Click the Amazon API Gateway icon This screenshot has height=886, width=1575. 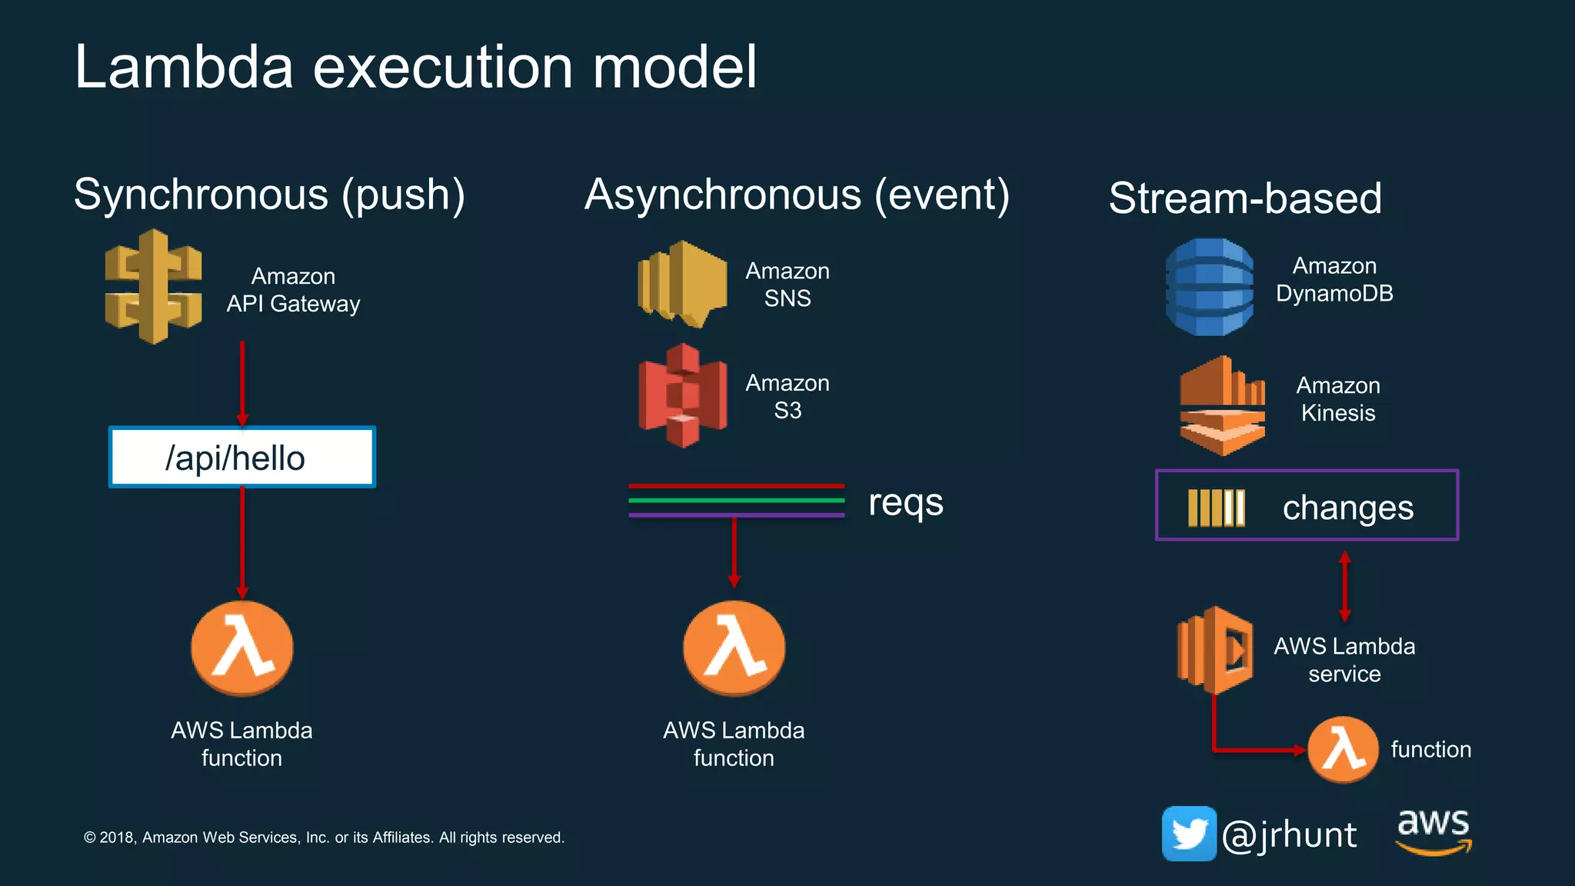click(154, 286)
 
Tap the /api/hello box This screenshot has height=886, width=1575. click(241, 458)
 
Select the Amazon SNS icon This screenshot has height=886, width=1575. click(682, 284)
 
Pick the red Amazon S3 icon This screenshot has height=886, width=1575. click(682, 395)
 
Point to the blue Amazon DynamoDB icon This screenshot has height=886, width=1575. click(1210, 287)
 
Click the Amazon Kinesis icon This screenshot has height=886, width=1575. click(1222, 405)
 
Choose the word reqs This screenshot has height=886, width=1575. click(905, 503)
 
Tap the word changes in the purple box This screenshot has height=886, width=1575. click(1347, 508)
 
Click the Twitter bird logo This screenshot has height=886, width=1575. click(1189, 834)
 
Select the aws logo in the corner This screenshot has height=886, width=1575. click(1433, 831)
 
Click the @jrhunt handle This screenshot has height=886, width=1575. click(1290, 835)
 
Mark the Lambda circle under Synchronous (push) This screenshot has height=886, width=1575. click(242, 648)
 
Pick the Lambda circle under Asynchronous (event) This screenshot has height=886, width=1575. click(734, 648)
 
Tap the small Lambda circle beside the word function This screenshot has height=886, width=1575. click(1343, 750)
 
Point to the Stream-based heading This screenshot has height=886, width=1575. click(1245, 198)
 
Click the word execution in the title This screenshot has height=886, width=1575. click(443, 68)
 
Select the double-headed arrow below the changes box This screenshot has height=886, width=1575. click(1344, 586)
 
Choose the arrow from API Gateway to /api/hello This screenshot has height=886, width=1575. click(242, 383)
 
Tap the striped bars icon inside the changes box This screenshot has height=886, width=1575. click(1216, 508)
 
